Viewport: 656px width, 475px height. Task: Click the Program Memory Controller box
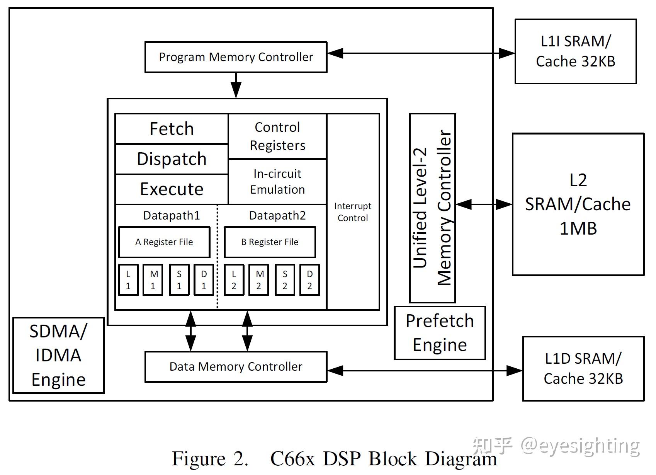coord(236,57)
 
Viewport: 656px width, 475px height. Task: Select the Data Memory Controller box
coord(236,367)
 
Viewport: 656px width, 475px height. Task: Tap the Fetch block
coord(172,129)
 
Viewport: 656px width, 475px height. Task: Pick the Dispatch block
coord(172,159)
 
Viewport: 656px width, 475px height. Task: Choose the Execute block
coord(172,189)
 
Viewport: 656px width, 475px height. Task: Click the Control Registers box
coord(277,136)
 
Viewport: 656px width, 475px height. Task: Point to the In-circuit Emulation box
coord(277,182)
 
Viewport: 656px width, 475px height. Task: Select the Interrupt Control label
coord(353,212)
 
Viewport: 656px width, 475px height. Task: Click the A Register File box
coord(164,242)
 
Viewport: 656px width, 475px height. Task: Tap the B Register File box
coord(270,242)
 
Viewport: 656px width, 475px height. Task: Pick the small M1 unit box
coord(153,280)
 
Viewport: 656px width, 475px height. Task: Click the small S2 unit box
coord(285,280)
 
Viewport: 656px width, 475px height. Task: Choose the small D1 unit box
coord(204,280)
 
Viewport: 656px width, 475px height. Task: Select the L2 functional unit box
coord(234,280)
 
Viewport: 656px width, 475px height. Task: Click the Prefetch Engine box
coord(440,333)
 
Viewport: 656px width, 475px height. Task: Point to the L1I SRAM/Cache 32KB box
coord(575,51)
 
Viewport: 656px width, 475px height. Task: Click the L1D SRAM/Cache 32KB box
coord(583,368)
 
